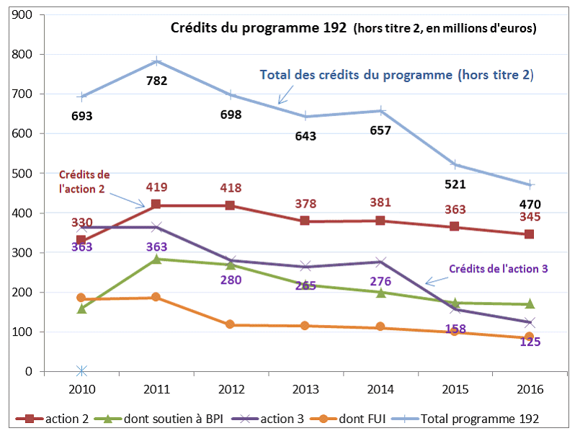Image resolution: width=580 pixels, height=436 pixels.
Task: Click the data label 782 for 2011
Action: [156, 81]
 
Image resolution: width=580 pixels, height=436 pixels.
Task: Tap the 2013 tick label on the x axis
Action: [306, 390]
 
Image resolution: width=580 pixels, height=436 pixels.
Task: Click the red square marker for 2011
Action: [156, 205]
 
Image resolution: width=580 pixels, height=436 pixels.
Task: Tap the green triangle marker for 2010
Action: [81, 308]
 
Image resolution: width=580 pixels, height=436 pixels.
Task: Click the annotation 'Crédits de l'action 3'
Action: [499, 269]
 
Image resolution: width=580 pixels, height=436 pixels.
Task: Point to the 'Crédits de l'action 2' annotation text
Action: [84, 182]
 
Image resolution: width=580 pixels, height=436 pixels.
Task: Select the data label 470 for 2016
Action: [530, 203]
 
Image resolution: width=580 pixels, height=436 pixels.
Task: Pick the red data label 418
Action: [231, 188]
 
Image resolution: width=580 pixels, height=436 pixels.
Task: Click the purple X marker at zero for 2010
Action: [81, 371]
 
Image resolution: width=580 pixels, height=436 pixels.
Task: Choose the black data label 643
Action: [306, 135]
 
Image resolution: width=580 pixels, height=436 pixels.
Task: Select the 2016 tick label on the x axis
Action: [530, 390]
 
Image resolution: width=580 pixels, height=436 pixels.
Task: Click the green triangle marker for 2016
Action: [530, 304]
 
